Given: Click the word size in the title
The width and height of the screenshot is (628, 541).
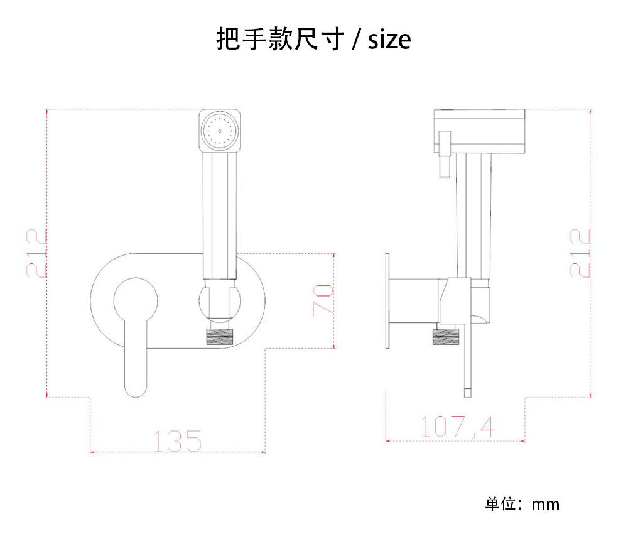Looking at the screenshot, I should pos(389,40).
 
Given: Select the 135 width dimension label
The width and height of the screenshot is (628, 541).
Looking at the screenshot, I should pos(178,440).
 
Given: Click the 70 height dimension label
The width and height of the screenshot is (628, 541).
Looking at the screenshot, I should pos(322,300).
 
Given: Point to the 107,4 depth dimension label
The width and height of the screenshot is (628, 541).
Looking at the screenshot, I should pos(457,427).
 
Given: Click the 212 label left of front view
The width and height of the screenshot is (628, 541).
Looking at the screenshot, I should pos(36,253).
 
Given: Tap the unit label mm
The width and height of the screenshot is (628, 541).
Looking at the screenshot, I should pos(545,504).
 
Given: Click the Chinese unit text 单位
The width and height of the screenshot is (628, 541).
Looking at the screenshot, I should pos(500,504).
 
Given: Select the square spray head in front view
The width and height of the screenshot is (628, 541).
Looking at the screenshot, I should pos(220,130).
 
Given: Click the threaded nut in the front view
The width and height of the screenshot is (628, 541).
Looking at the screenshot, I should pos(219,336).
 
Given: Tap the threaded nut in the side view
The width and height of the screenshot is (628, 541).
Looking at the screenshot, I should pos(445,336).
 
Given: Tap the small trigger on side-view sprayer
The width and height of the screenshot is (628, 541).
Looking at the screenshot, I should pos(445,154).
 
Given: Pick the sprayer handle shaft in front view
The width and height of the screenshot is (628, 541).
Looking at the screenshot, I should pos(220,214).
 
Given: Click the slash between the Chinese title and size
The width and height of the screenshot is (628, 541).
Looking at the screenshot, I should pos(356,40).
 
